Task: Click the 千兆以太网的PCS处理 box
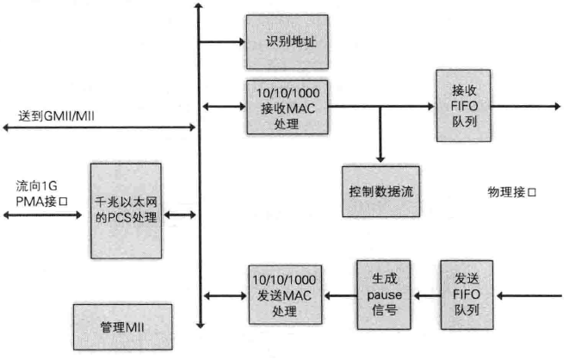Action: click(126, 211)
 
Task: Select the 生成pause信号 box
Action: click(385, 295)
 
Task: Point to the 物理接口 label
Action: click(511, 190)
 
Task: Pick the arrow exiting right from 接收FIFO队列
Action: click(524, 108)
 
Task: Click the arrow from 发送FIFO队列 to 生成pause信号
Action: click(426, 295)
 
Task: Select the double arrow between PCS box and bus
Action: click(180, 213)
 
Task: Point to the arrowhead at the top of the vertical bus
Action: click(199, 7)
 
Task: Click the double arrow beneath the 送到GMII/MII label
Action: click(99, 128)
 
